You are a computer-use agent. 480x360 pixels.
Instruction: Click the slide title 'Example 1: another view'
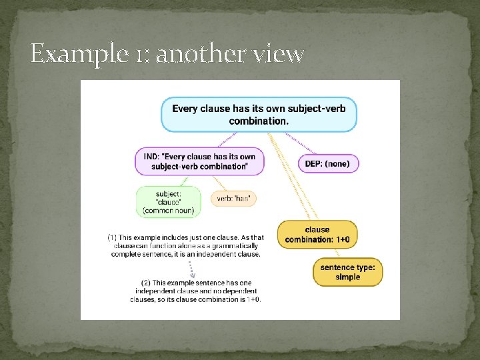coord(167,53)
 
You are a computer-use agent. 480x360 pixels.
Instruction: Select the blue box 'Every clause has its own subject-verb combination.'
coord(259,114)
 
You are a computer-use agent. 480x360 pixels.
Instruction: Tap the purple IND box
coord(199,161)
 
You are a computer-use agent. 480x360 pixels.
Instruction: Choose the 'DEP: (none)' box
coord(327,163)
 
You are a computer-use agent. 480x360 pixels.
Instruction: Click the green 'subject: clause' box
coord(168,201)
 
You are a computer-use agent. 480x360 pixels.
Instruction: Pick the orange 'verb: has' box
coord(234,198)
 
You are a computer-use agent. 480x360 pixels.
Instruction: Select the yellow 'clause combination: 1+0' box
coord(317,235)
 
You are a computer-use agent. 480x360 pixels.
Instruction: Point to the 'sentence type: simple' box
coord(348,272)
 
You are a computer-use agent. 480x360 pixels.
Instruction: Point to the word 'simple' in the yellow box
coord(348,277)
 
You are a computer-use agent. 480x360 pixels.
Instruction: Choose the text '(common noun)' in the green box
coord(168,211)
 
